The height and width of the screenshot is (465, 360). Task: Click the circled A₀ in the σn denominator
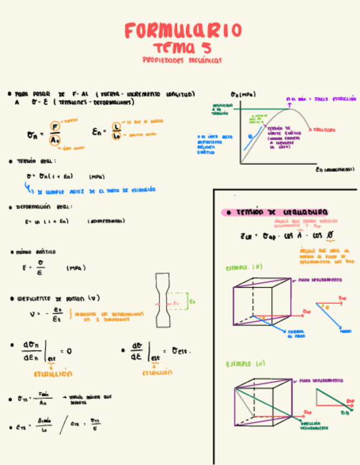54,140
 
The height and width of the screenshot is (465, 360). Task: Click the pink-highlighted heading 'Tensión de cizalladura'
282,212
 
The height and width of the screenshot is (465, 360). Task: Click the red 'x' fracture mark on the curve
311,129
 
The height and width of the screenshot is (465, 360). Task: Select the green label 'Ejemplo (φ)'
244,268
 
